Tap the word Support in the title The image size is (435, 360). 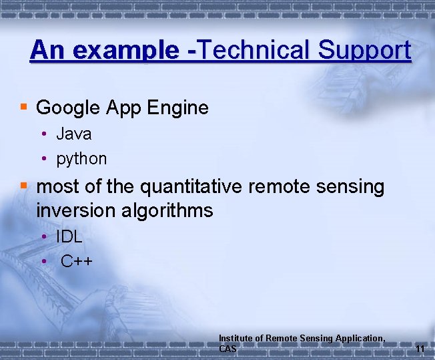click(x=365, y=50)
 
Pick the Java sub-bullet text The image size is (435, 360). click(x=73, y=134)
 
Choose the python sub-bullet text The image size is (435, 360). click(x=81, y=159)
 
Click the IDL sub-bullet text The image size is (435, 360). click(x=69, y=236)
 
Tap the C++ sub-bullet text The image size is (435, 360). click(x=76, y=260)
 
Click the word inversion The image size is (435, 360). click(x=77, y=211)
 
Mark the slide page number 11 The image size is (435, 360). click(x=420, y=349)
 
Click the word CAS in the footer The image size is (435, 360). click(x=228, y=349)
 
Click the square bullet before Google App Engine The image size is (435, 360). click(x=23, y=107)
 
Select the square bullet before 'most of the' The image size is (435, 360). click(x=23, y=186)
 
